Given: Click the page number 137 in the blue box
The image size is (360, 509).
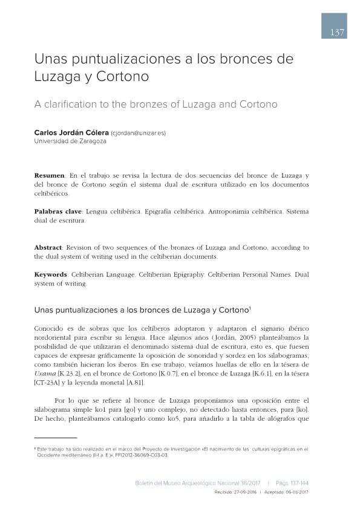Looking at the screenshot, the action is tap(338, 33).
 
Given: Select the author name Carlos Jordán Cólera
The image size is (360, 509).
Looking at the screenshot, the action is tap(72, 133).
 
